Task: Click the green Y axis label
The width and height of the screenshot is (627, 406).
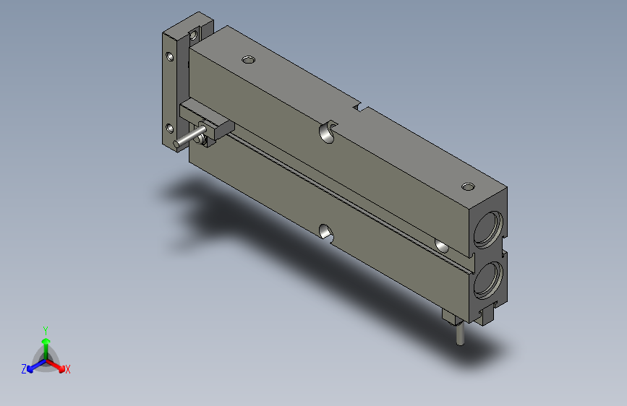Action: point(46,329)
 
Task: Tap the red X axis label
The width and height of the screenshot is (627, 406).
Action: point(68,369)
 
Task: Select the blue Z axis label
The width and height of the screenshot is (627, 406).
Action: point(24,368)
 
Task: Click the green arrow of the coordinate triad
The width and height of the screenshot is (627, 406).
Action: point(46,342)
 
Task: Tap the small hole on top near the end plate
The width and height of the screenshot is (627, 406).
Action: point(249,59)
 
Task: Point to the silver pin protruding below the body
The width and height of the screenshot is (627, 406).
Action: point(460,335)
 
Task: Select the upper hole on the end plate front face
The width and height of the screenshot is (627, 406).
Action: point(170,56)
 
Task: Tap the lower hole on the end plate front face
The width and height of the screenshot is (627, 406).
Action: point(170,129)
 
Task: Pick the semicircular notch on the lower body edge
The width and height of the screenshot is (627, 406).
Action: point(326,232)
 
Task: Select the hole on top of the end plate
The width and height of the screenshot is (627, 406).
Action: point(195,32)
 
